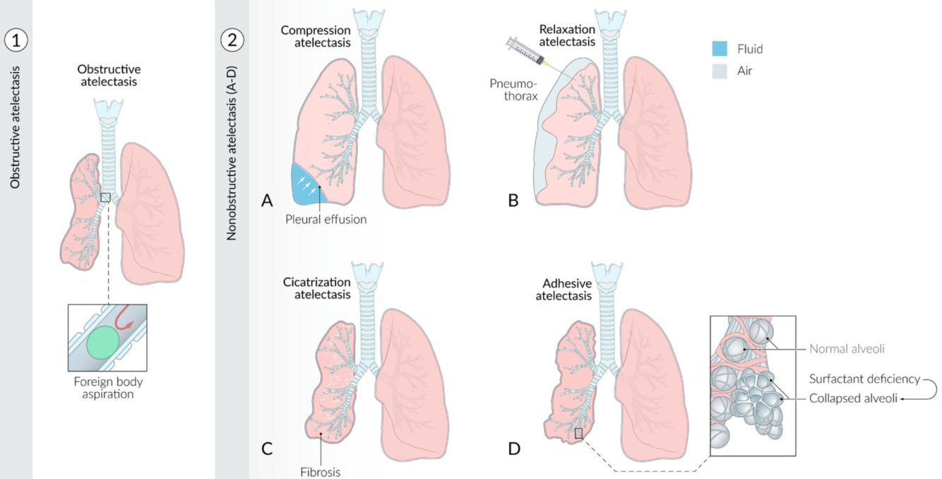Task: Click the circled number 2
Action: pyautogui.click(x=232, y=40)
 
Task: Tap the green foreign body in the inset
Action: pyautogui.click(x=103, y=340)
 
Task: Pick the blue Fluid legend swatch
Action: pyautogui.click(x=720, y=49)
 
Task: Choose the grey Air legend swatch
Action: pyautogui.click(x=720, y=71)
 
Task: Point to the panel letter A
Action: pyautogui.click(x=267, y=201)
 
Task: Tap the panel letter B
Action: pyautogui.click(x=513, y=201)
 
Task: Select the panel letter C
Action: pyautogui.click(x=267, y=449)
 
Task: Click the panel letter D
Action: pyautogui.click(x=513, y=449)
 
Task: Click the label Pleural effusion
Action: pyautogui.click(x=326, y=219)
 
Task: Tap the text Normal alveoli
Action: pyautogui.click(x=847, y=348)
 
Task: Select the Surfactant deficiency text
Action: pyautogui.click(x=864, y=379)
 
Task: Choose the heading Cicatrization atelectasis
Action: pyautogui.click(x=322, y=288)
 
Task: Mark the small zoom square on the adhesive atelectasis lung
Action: pyautogui.click(x=579, y=433)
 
